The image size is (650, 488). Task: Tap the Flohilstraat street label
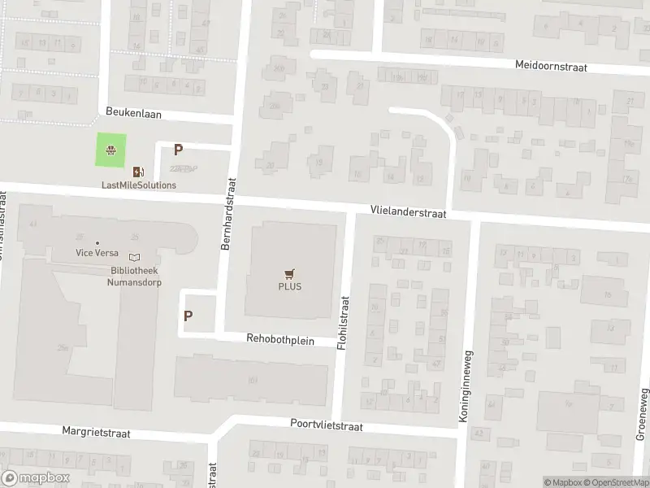click(x=344, y=321)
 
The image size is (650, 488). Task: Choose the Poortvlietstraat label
click(x=326, y=425)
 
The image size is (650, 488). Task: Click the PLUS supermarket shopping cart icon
click(x=288, y=273)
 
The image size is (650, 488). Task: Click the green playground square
click(x=112, y=150)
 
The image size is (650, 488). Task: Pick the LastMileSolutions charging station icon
click(x=138, y=171)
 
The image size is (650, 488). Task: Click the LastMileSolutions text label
click(x=138, y=185)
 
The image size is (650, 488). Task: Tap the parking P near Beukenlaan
click(x=178, y=150)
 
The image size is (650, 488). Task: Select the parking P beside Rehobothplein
click(x=188, y=316)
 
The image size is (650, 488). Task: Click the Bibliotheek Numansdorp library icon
click(x=134, y=257)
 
